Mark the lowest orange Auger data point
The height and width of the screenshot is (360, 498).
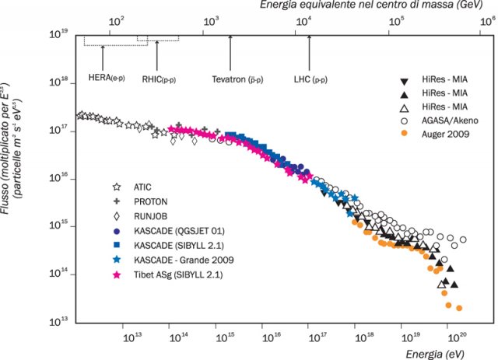point(459,308)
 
